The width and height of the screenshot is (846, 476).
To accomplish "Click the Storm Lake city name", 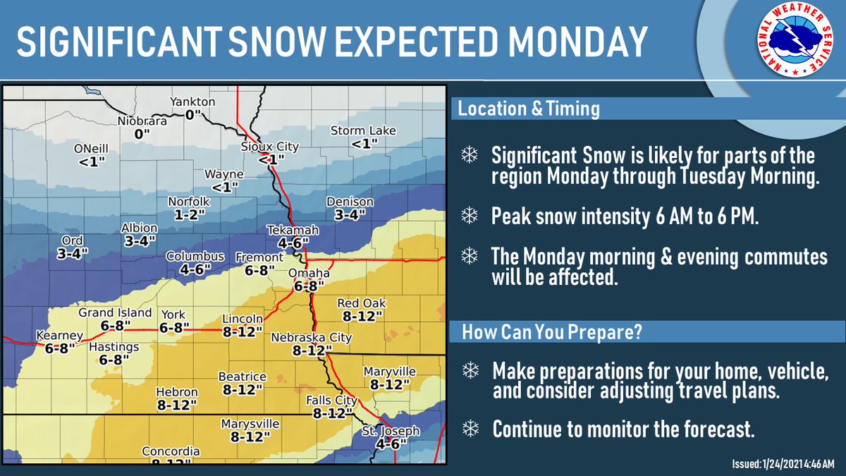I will click(364, 131).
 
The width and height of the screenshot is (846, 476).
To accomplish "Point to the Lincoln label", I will click(243, 319).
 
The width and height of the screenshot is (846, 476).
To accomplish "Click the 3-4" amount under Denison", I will click(350, 214).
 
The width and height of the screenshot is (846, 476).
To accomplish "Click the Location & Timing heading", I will click(529, 109).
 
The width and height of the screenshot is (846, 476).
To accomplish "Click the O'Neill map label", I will click(92, 149).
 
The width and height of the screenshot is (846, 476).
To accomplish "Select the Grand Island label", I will click(115, 312).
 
